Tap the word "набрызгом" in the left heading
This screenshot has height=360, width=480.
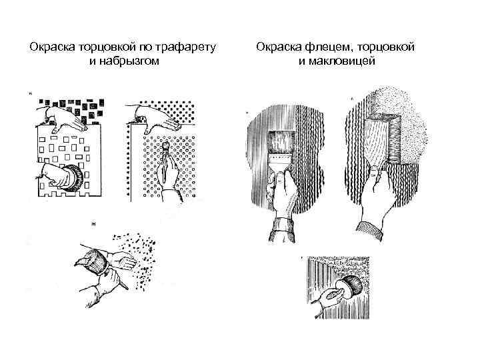pyautogui.click(x=131, y=61)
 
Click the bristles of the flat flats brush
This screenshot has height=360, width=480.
pyautogui.click(x=281, y=145)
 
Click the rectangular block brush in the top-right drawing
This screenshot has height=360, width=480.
pyautogui.click(x=381, y=140)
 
